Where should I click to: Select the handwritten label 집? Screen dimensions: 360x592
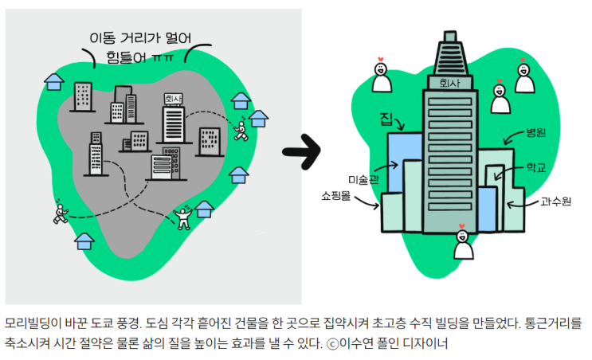click(387, 120)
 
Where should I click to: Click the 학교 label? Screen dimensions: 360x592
click(535, 168)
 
